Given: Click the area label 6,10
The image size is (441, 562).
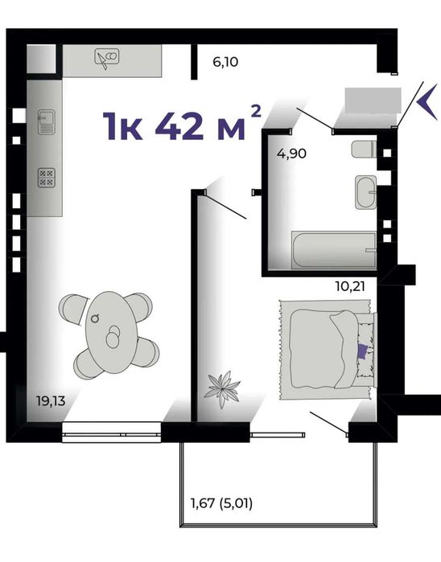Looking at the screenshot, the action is [225, 62].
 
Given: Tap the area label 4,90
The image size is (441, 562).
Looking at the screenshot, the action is [291, 154].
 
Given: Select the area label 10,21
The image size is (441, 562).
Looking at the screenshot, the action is [350, 286].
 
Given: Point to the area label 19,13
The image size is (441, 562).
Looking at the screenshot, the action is [51, 400].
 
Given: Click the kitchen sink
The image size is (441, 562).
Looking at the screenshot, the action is [47, 122].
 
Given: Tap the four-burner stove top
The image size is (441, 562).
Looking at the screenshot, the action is [47, 178].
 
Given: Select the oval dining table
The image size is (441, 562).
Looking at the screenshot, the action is [111, 332].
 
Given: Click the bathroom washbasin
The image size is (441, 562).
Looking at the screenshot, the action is [366, 192].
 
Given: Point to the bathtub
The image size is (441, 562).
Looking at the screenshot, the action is [334, 250].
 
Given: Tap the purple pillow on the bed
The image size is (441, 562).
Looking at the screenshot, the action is [363, 351].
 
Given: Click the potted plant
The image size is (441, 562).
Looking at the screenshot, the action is [222, 390].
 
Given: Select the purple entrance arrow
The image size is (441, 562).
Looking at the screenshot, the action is [427, 102].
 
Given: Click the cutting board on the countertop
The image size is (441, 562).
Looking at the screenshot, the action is [107, 58].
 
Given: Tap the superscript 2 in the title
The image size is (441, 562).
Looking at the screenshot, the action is [255, 111].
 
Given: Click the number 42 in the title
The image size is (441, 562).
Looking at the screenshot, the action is [178, 125].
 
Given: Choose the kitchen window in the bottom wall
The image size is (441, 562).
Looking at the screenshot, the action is [112, 432].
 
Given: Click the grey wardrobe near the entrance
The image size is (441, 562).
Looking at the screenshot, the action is [373, 101].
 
